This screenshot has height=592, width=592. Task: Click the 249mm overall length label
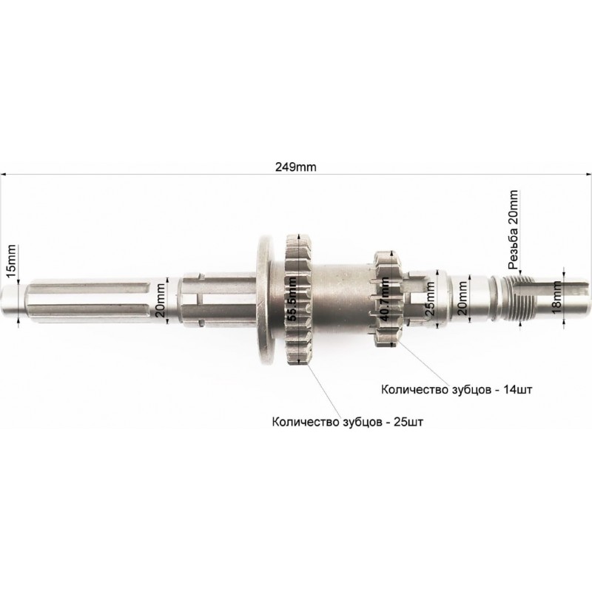[x=295, y=166]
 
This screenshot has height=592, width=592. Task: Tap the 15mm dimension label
[x=11, y=261]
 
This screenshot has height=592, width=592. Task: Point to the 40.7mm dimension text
[x=383, y=299]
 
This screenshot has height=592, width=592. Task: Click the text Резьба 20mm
[x=513, y=229]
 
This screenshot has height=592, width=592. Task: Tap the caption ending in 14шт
[x=457, y=390]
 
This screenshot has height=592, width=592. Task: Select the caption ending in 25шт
[x=347, y=422]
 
